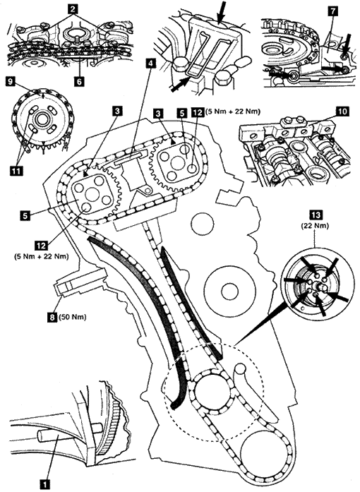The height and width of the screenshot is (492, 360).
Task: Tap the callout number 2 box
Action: (73, 9)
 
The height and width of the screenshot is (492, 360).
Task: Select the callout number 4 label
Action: (151, 64)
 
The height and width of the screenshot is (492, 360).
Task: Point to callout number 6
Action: (79, 81)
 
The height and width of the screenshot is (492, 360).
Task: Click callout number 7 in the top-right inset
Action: (332, 11)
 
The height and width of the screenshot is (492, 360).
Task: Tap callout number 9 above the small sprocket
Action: (11, 82)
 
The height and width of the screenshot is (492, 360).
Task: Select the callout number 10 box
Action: (344, 112)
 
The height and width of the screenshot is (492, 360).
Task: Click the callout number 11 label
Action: (16, 171)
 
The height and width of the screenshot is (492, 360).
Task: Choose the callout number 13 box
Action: (316, 215)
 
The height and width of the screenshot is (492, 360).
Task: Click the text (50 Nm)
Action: (73, 317)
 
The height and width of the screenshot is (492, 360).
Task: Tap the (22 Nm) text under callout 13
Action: (315, 226)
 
